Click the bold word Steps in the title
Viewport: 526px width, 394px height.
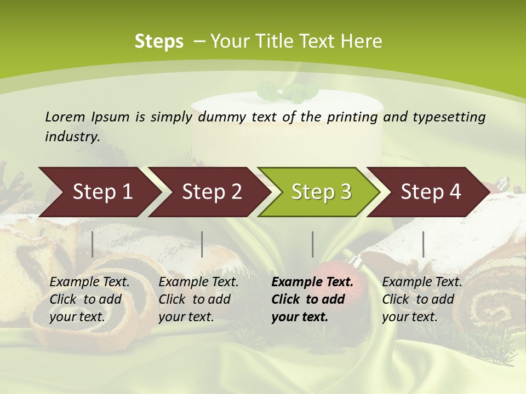(x=159, y=42)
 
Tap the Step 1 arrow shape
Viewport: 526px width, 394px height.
(x=99, y=192)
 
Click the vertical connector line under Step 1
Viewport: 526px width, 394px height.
(x=93, y=244)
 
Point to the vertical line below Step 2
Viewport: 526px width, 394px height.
(x=202, y=244)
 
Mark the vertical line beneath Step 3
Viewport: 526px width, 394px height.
(x=312, y=244)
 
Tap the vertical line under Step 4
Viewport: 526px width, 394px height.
(x=423, y=244)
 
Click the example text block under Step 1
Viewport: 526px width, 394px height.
(x=89, y=299)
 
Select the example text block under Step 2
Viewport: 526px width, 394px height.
(x=198, y=299)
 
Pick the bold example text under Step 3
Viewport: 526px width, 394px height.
(x=312, y=299)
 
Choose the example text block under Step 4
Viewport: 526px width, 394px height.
(x=422, y=299)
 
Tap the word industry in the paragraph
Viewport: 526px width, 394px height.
(x=72, y=136)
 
